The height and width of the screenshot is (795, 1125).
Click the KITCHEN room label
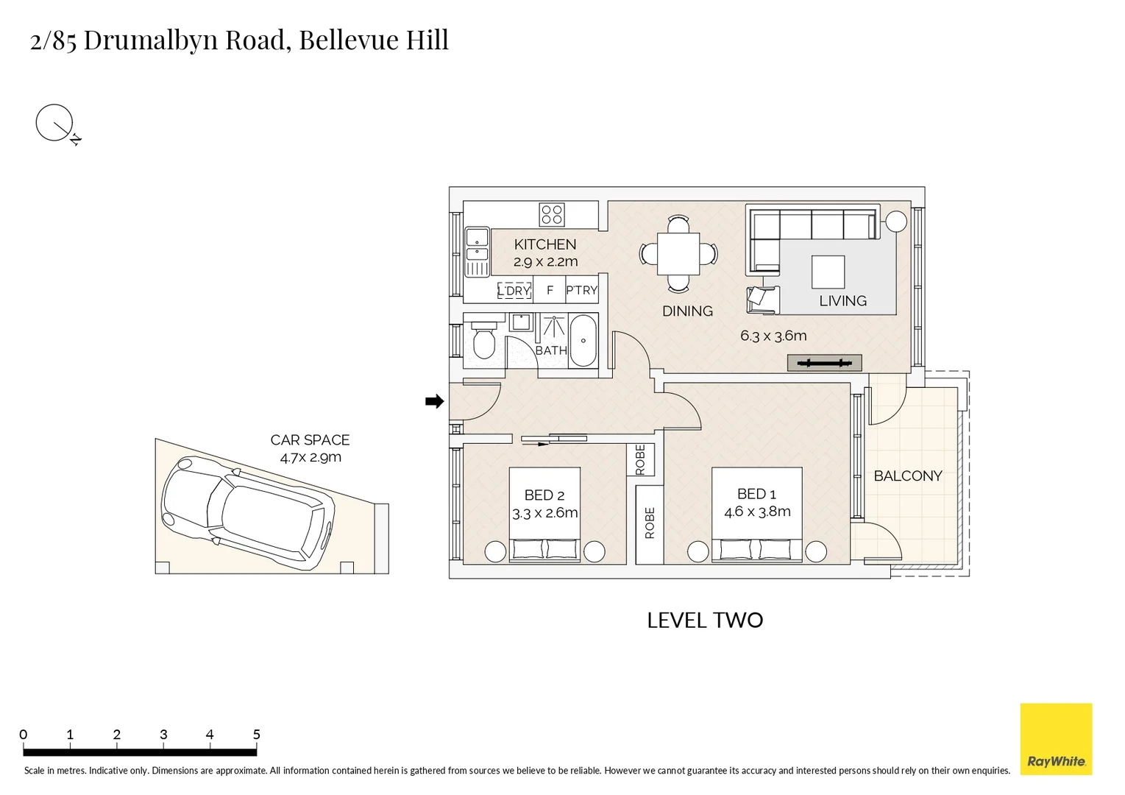pyautogui.click(x=545, y=244)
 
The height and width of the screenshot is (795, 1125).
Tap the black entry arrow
pyautogui.click(x=434, y=401)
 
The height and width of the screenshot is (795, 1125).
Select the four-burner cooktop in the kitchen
pyautogui.click(x=551, y=215)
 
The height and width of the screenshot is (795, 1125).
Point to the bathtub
pyautogui.click(x=583, y=340)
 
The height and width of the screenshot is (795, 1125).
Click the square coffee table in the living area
pyautogui.click(x=828, y=272)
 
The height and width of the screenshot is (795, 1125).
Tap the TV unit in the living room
pyautogui.click(x=824, y=363)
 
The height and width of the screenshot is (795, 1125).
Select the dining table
pyautogui.click(x=678, y=254)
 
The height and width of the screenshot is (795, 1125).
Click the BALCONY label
pyautogui.click(x=907, y=476)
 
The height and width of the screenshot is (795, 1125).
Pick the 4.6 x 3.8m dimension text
pyautogui.click(x=757, y=512)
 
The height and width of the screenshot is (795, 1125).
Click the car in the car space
pyautogui.click(x=248, y=513)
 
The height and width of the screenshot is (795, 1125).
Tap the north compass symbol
pyautogui.click(x=57, y=124)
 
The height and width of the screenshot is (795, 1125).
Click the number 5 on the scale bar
pyautogui.click(x=256, y=734)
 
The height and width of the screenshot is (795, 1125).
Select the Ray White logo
pyautogui.click(x=1056, y=739)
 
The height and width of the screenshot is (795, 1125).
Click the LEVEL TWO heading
pyautogui.click(x=705, y=621)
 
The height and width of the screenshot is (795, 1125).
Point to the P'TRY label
pyautogui.click(x=581, y=290)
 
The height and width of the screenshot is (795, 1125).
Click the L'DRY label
pyautogui.click(x=514, y=291)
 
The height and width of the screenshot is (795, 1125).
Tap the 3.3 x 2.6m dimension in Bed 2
pyautogui.click(x=544, y=513)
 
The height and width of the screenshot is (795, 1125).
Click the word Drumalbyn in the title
pyautogui.click(x=151, y=40)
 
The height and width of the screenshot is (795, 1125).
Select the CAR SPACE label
pyautogui.click(x=310, y=440)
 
